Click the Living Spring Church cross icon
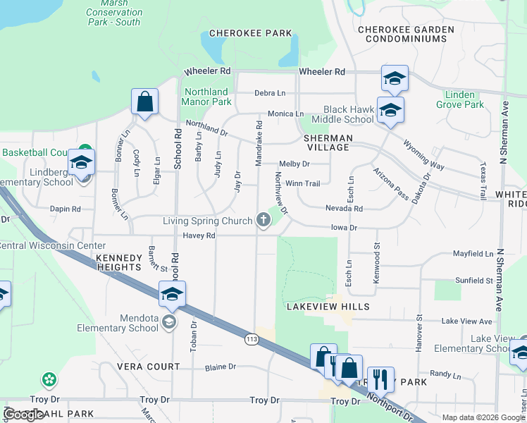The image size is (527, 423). [x=263, y=221]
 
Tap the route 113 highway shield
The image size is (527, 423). [x=252, y=340]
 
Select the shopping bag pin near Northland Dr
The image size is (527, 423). [x=144, y=102]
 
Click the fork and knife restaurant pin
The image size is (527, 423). [x=380, y=379]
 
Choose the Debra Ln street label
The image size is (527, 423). [x=270, y=93]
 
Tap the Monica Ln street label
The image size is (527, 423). [x=285, y=114]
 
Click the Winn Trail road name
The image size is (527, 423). [x=302, y=184]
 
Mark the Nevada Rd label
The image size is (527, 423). [x=343, y=209]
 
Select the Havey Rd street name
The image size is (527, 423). [x=199, y=235]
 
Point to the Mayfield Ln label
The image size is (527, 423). [x=473, y=253]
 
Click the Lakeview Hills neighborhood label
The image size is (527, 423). [x=328, y=307]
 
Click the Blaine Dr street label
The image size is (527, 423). [x=220, y=367]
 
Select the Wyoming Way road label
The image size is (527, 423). [x=423, y=155]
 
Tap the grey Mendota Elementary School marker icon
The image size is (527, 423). [x=168, y=322]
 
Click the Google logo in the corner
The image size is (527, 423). [x=24, y=415]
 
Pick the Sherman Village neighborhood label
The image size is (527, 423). [x=327, y=142]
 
